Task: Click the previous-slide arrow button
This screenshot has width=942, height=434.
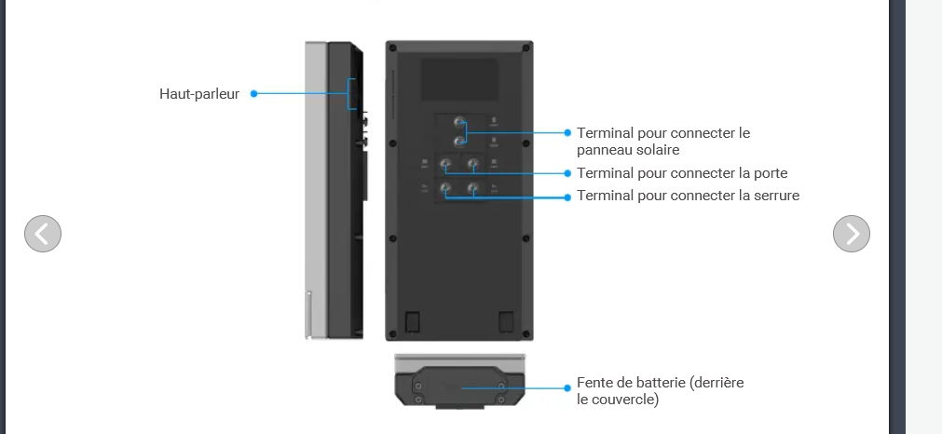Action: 43,234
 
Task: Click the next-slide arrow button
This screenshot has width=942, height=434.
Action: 852,234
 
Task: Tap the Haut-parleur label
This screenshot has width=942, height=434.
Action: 199,94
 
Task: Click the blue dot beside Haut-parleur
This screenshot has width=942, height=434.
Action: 253,94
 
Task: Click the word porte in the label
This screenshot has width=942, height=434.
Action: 770,173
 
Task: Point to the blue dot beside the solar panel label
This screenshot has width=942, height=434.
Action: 567,132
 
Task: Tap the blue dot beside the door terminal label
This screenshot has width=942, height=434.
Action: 567,173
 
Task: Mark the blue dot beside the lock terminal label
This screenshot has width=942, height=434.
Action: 567,197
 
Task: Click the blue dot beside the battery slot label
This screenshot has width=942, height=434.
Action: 567,387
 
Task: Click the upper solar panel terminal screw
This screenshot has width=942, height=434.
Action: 459,123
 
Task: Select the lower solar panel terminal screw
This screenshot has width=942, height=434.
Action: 459,142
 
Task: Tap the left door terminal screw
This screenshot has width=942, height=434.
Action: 445,164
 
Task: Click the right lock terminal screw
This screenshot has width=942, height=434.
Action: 473,189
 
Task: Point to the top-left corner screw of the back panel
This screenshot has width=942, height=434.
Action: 393,48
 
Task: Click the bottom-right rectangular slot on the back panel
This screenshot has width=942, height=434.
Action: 506,321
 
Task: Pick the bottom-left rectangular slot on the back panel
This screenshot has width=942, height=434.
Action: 412,321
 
